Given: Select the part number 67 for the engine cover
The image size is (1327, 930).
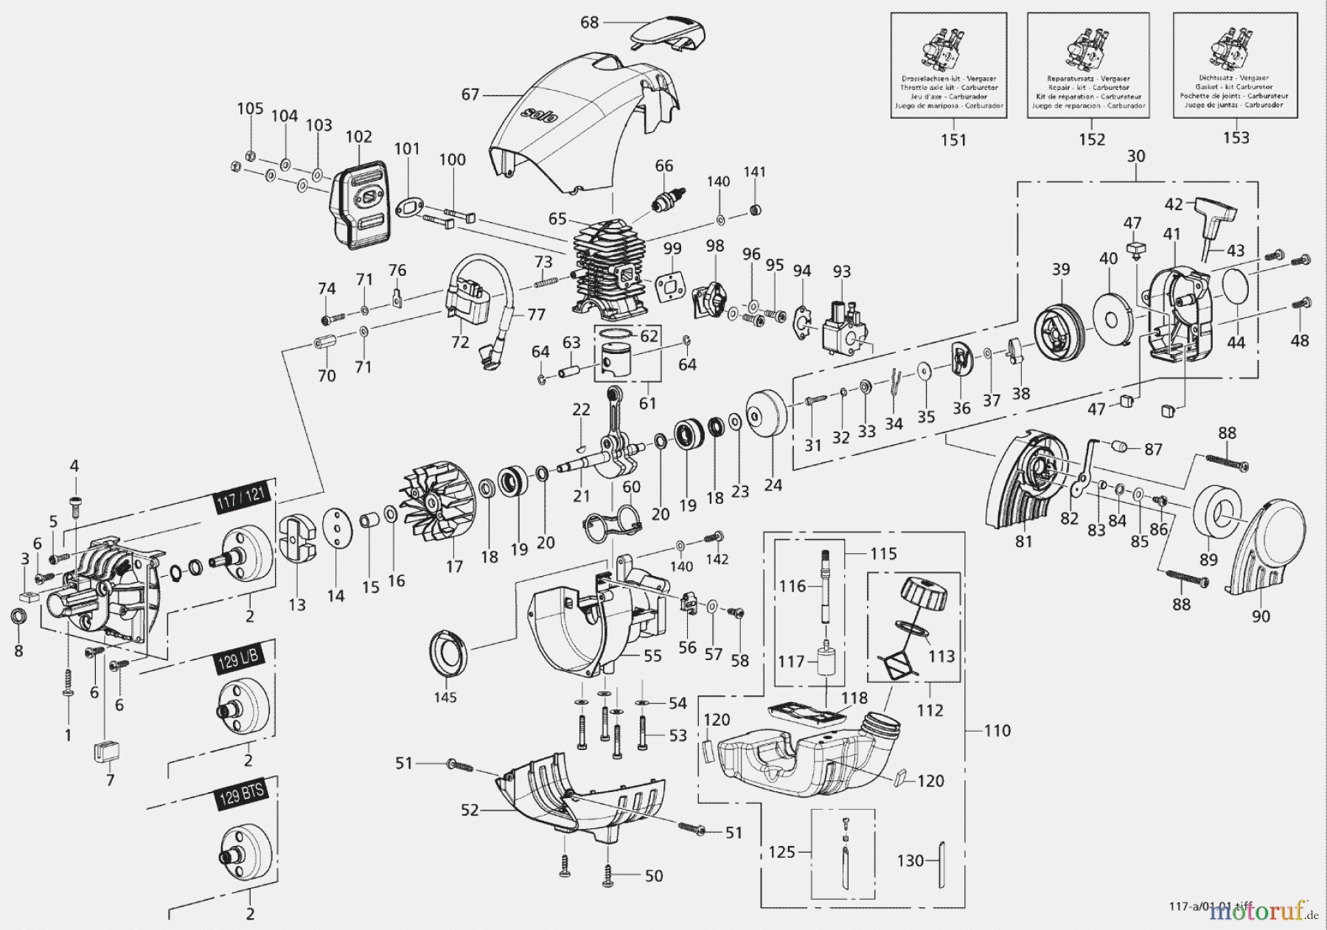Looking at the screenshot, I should tap(470, 94).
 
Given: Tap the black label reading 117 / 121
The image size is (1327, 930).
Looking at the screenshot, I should tap(241, 499).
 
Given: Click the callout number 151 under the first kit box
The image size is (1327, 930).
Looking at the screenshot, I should tap(953, 140).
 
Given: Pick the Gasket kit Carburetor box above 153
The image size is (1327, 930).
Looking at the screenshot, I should tap(1235, 66).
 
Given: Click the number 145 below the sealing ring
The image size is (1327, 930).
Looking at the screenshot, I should tap(445, 697).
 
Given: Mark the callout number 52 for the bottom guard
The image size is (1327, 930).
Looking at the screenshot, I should tap(470, 811).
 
